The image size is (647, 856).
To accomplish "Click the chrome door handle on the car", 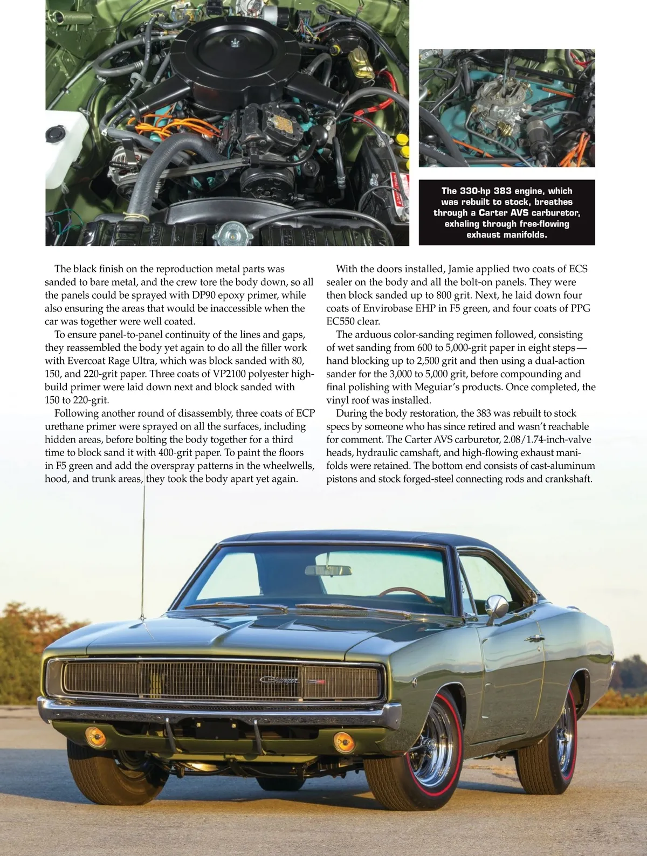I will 534,639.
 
